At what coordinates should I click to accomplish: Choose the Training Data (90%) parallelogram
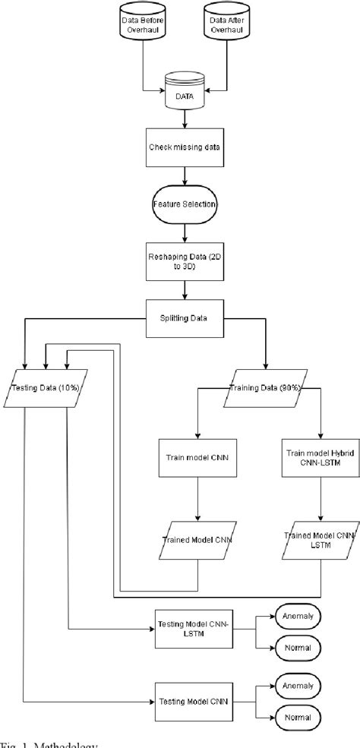point(265,388)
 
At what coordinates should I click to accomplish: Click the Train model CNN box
point(199,459)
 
